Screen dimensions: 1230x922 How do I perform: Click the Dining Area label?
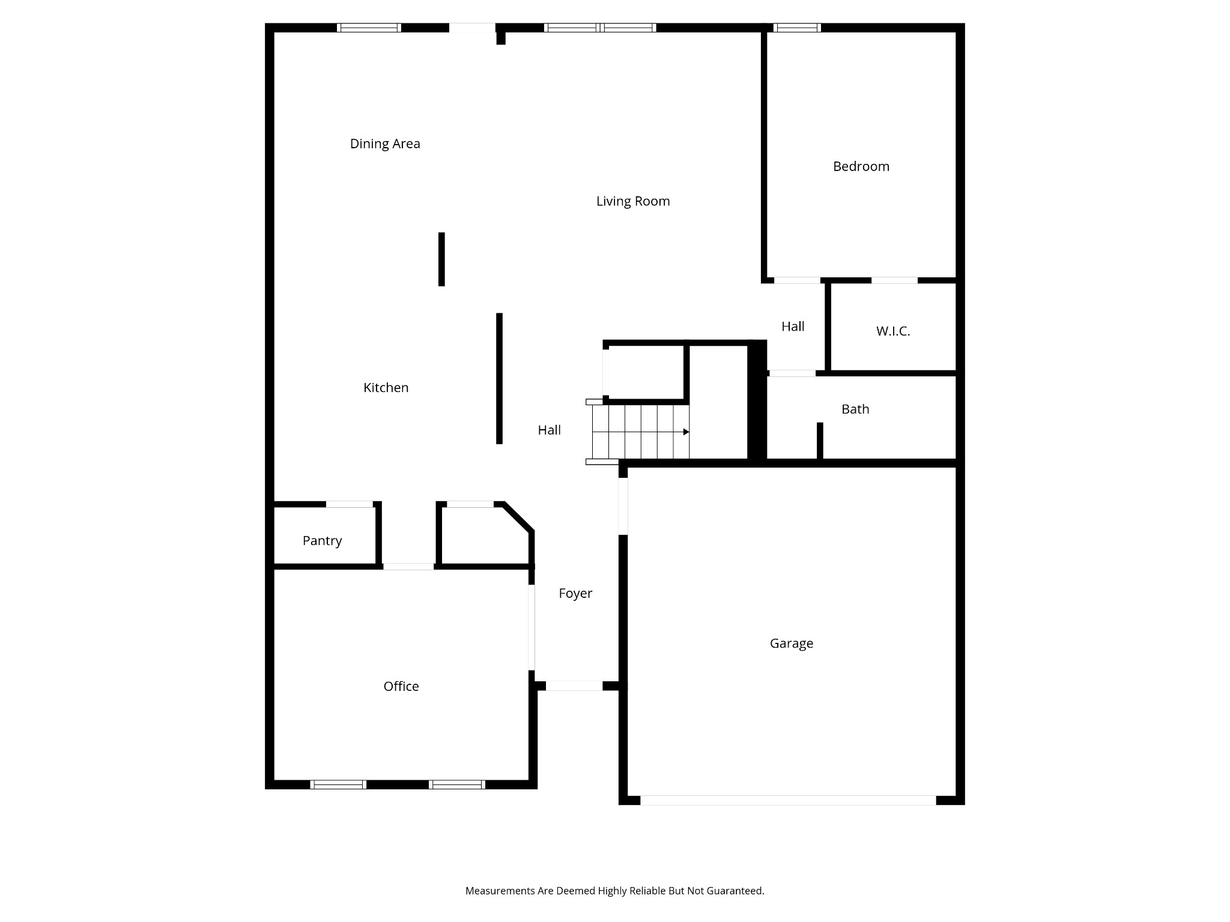click(x=385, y=143)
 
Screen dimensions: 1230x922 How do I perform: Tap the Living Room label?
click(x=633, y=202)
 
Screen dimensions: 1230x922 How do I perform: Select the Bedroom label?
click(x=861, y=166)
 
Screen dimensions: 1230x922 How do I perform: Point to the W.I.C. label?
click(x=893, y=331)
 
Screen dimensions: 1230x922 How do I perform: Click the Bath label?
click(x=855, y=409)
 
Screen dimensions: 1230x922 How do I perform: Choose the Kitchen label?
click(x=386, y=388)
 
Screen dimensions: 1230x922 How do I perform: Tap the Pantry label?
click(x=323, y=541)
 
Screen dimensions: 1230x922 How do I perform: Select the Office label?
click(x=401, y=686)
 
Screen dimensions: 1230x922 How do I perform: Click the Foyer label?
click(x=575, y=594)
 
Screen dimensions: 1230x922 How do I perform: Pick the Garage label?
click(x=792, y=643)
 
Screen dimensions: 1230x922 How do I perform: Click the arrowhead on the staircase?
click(x=686, y=432)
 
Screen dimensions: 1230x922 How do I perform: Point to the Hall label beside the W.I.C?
click(x=793, y=327)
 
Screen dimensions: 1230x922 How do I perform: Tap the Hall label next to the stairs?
click(x=550, y=430)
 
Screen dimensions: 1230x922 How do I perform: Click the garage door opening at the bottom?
click(x=788, y=800)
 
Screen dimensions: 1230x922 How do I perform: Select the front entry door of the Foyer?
click(x=574, y=686)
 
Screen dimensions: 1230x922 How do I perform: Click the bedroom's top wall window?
click(x=797, y=28)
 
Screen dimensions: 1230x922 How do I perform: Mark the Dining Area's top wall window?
click(x=369, y=28)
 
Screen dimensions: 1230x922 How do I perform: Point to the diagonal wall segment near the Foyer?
click(x=518, y=517)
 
